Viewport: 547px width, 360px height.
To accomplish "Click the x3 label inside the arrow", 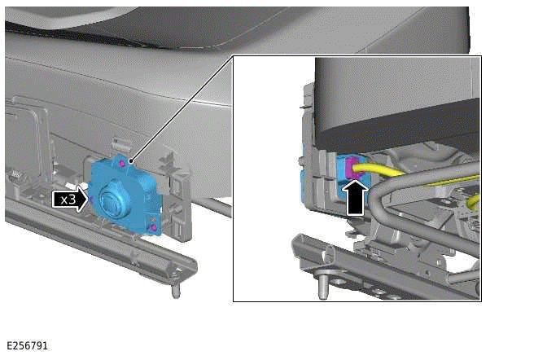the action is pos(68,200).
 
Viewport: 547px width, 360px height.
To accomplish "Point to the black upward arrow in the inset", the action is pos(355,198).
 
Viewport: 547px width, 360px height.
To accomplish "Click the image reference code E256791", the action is pos(27,345).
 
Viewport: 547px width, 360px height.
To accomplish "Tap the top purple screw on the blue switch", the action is pos(122,163).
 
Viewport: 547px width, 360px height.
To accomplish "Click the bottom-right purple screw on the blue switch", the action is pos(153,228).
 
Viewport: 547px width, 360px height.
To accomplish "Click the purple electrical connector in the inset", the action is pos(352,168).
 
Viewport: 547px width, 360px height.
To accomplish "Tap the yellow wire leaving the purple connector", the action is pos(380,170).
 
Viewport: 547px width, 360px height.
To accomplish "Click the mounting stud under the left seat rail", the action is pos(176,289).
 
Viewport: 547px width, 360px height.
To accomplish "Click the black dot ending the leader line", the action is pos(131,161).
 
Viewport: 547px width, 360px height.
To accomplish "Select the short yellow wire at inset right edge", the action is pos(475,202).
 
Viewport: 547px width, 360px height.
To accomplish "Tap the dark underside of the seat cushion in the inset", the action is pos(398,130).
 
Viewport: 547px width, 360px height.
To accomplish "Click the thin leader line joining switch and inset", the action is pos(182,108).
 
